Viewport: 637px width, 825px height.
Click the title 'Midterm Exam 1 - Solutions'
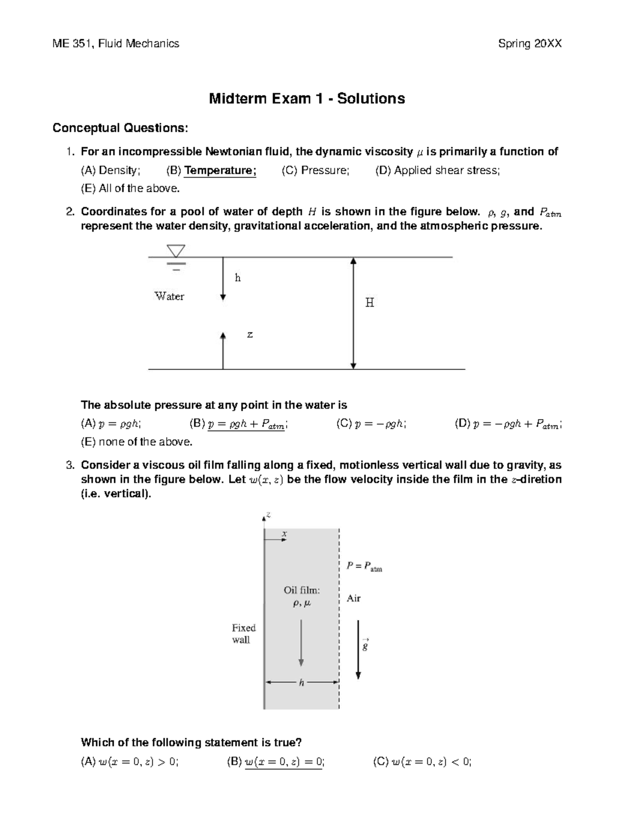tap(307, 99)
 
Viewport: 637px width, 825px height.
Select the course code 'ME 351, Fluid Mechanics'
tap(116, 44)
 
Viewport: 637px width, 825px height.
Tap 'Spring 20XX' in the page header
tap(529, 44)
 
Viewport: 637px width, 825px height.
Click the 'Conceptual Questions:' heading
tap(119, 128)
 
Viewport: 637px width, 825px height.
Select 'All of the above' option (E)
tap(130, 189)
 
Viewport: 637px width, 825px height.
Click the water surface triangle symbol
tap(176, 250)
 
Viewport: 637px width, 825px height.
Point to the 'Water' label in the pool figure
tap(169, 296)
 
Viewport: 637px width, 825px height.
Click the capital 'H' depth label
tap(369, 303)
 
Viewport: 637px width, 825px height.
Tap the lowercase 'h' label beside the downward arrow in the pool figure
tap(238, 278)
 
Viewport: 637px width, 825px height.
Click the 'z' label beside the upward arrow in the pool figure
tap(250, 335)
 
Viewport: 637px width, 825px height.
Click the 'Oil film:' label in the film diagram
tap(302, 590)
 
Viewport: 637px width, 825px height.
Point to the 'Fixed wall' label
tap(243, 634)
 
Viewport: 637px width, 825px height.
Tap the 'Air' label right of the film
tap(354, 598)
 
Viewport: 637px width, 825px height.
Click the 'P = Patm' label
tap(364, 566)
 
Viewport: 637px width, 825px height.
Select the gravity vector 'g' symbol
tap(365, 645)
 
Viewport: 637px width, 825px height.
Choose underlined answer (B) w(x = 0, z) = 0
tap(283, 762)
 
